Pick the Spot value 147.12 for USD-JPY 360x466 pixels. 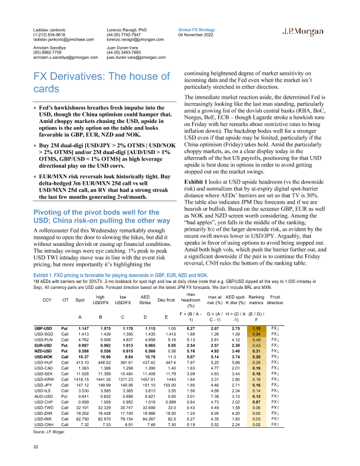pos(81,417)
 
